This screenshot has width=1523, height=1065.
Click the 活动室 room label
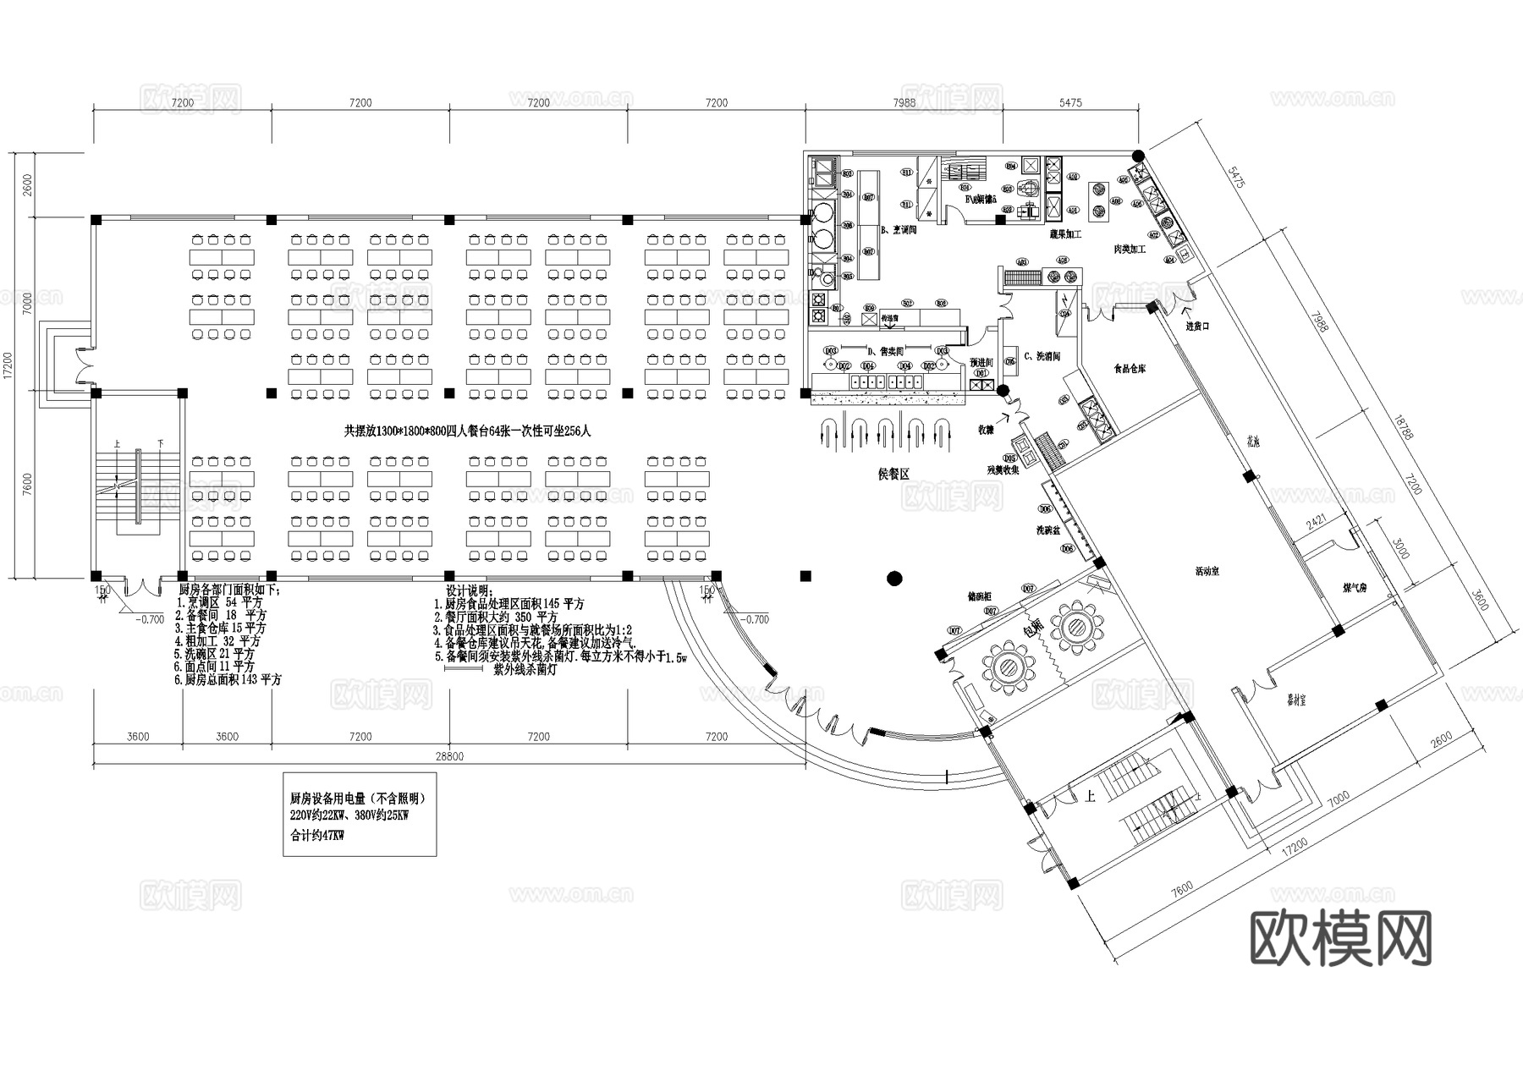pyautogui.click(x=1207, y=572)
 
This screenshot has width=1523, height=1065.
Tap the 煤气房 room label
pyautogui.click(x=1355, y=587)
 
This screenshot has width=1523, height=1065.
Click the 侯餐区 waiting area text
pyautogui.click(x=893, y=475)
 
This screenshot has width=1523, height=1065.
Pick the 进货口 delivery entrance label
pyautogui.click(x=1197, y=326)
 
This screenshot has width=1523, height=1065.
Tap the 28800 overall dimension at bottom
pyautogui.click(x=449, y=756)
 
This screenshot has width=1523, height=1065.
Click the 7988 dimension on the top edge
pyautogui.click(x=904, y=103)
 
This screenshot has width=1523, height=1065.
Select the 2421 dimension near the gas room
pyautogui.click(x=1316, y=522)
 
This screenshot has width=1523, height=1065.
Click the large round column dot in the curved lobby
pyautogui.click(x=894, y=579)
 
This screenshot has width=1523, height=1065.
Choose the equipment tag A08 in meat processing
pyautogui.click(x=1115, y=201)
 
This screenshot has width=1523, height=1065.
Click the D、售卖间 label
pyautogui.click(x=886, y=350)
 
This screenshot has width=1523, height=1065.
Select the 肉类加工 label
pyautogui.click(x=1129, y=250)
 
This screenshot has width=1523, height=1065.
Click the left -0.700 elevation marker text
pyautogui.click(x=150, y=619)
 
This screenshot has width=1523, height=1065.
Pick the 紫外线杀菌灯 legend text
pyautogui.click(x=525, y=669)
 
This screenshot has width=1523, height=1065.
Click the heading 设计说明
pyautogui.click(x=469, y=591)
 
